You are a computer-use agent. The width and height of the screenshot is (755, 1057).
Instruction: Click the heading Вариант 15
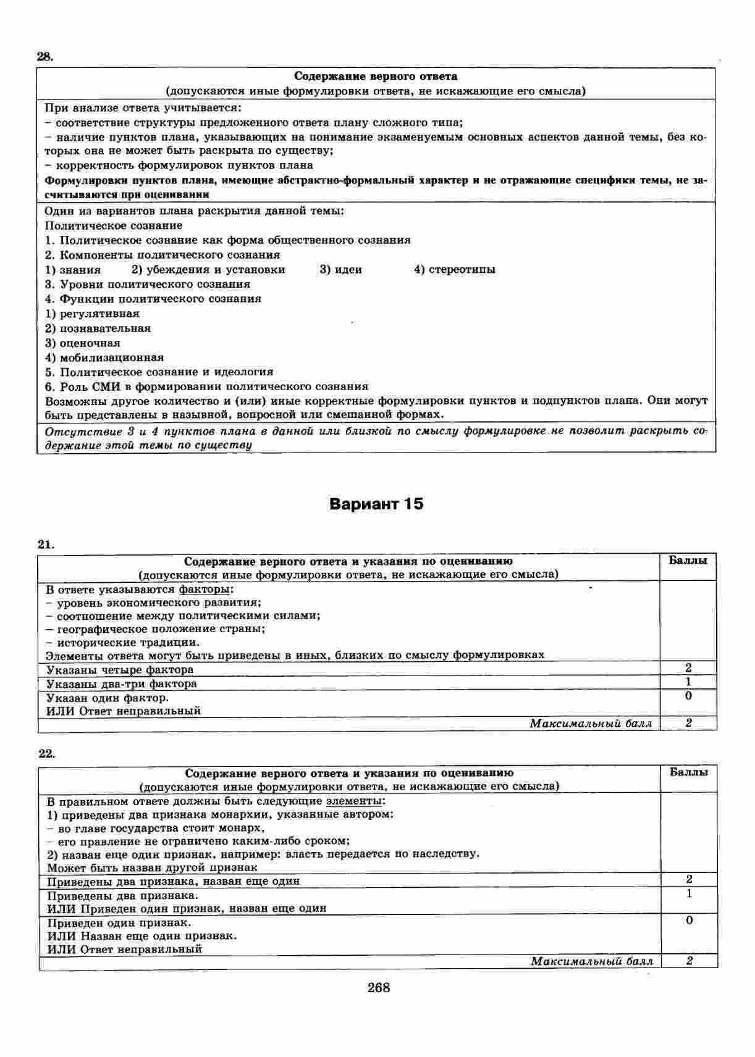(376, 504)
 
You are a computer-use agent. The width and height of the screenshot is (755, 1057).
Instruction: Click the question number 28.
(46, 57)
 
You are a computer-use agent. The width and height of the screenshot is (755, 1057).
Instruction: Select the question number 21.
(46, 545)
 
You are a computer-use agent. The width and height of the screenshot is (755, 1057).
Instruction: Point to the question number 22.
(47, 753)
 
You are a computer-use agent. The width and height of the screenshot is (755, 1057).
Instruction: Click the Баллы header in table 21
(688, 561)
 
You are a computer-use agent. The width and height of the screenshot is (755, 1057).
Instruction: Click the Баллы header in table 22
(689, 772)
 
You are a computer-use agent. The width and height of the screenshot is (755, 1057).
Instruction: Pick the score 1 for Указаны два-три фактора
(688, 682)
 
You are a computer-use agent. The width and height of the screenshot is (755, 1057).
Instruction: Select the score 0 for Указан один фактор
(688, 696)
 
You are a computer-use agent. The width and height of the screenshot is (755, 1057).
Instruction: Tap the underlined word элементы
(354, 801)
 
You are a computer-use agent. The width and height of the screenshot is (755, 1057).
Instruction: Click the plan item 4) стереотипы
(454, 270)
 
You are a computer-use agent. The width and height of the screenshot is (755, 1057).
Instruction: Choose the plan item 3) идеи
(340, 270)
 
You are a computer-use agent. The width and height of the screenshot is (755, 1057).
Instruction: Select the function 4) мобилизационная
(104, 357)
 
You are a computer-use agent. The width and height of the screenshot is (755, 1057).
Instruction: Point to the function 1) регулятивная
(92, 314)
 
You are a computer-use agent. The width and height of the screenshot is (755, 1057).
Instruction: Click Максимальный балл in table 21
(590, 724)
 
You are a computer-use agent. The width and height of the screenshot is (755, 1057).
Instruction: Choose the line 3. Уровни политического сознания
(148, 285)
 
